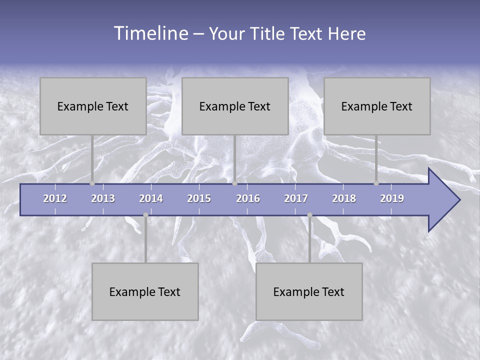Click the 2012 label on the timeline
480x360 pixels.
(x=55, y=198)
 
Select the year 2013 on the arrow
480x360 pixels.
(x=103, y=198)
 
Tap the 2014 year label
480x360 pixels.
(x=151, y=198)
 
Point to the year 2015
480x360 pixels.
(x=199, y=198)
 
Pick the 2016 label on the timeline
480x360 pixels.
(x=248, y=198)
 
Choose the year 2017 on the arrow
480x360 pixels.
(x=296, y=198)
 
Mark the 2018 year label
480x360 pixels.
(x=344, y=198)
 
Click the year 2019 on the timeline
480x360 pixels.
(x=392, y=198)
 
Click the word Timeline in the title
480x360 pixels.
(x=150, y=33)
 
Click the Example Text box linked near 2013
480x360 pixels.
(x=93, y=106)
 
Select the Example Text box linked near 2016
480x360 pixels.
(x=235, y=106)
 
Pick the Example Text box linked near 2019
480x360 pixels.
(x=377, y=106)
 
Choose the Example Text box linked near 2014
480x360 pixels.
(x=145, y=291)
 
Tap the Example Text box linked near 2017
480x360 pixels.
(x=309, y=291)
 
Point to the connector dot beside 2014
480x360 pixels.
(x=145, y=215)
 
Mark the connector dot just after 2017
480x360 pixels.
(x=309, y=215)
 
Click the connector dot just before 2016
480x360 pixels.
(x=234, y=183)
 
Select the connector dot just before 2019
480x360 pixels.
(x=376, y=183)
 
